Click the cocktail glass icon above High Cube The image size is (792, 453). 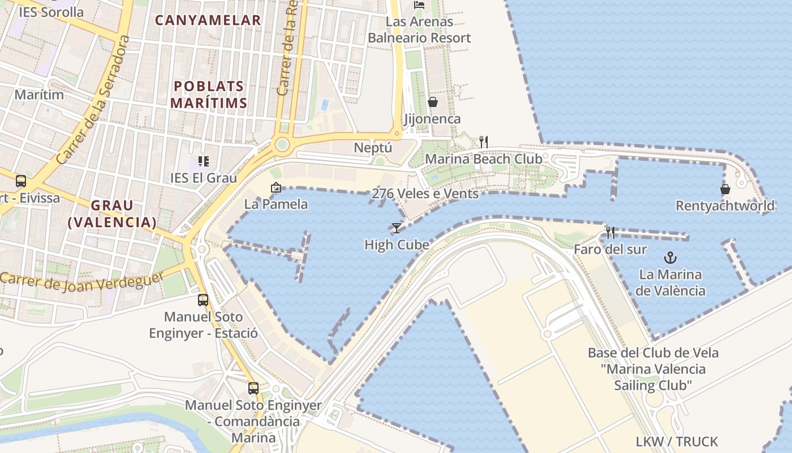pyautogui.click(x=396, y=228)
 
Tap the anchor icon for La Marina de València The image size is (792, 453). pyautogui.click(x=670, y=258)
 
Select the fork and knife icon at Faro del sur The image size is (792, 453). pyautogui.click(x=610, y=233)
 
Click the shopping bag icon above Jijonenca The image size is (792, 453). pyautogui.click(x=433, y=102)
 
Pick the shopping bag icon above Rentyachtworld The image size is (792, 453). pyautogui.click(x=725, y=189)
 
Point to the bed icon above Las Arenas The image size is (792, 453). pyautogui.click(x=419, y=5)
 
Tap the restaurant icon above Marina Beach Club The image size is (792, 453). pyautogui.click(x=484, y=142)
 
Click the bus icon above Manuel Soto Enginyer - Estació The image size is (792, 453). pyautogui.click(x=203, y=300)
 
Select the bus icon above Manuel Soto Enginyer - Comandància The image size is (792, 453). pyautogui.click(x=253, y=388)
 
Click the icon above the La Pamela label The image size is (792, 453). pyautogui.click(x=276, y=187)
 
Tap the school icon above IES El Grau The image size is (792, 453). pyautogui.click(x=204, y=161)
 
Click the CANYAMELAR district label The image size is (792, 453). pyautogui.click(x=208, y=20)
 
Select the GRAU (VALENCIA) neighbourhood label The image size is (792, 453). pyautogui.click(x=112, y=213)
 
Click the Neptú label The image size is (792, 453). pyautogui.click(x=373, y=148)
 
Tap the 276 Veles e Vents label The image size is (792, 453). pyautogui.click(x=425, y=194)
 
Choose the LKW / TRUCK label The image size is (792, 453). pyautogui.click(x=677, y=441)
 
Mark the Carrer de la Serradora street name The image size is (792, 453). pyautogui.click(x=94, y=100)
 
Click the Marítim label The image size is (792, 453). pyautogui.click(x=39, y=94)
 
